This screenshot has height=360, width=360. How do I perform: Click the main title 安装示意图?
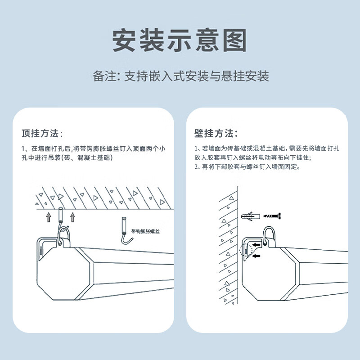(180, 41)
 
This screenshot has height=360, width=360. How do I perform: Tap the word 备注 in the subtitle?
(103, 76)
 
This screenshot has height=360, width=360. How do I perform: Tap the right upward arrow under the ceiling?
(73, 218)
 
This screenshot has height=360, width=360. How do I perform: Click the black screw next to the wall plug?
(272, 216)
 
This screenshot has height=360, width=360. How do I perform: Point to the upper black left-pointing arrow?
(256, 245)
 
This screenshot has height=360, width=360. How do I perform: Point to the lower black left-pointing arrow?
(256, 256)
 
